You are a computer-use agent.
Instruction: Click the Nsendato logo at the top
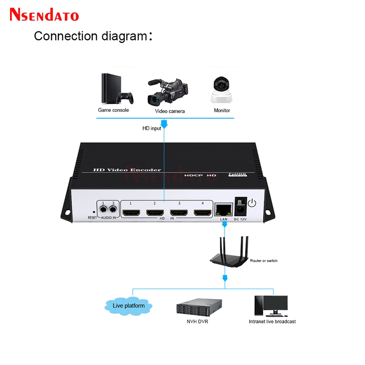pos(44,15)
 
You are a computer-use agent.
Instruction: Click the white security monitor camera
pos(222,89)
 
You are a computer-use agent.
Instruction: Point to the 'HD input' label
pos(152,129)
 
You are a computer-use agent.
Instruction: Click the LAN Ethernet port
pos(224,209)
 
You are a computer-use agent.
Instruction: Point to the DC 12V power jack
pos(239,210)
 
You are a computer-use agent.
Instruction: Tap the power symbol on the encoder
pos(252,204)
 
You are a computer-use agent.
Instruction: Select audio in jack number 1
pos(104,210)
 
